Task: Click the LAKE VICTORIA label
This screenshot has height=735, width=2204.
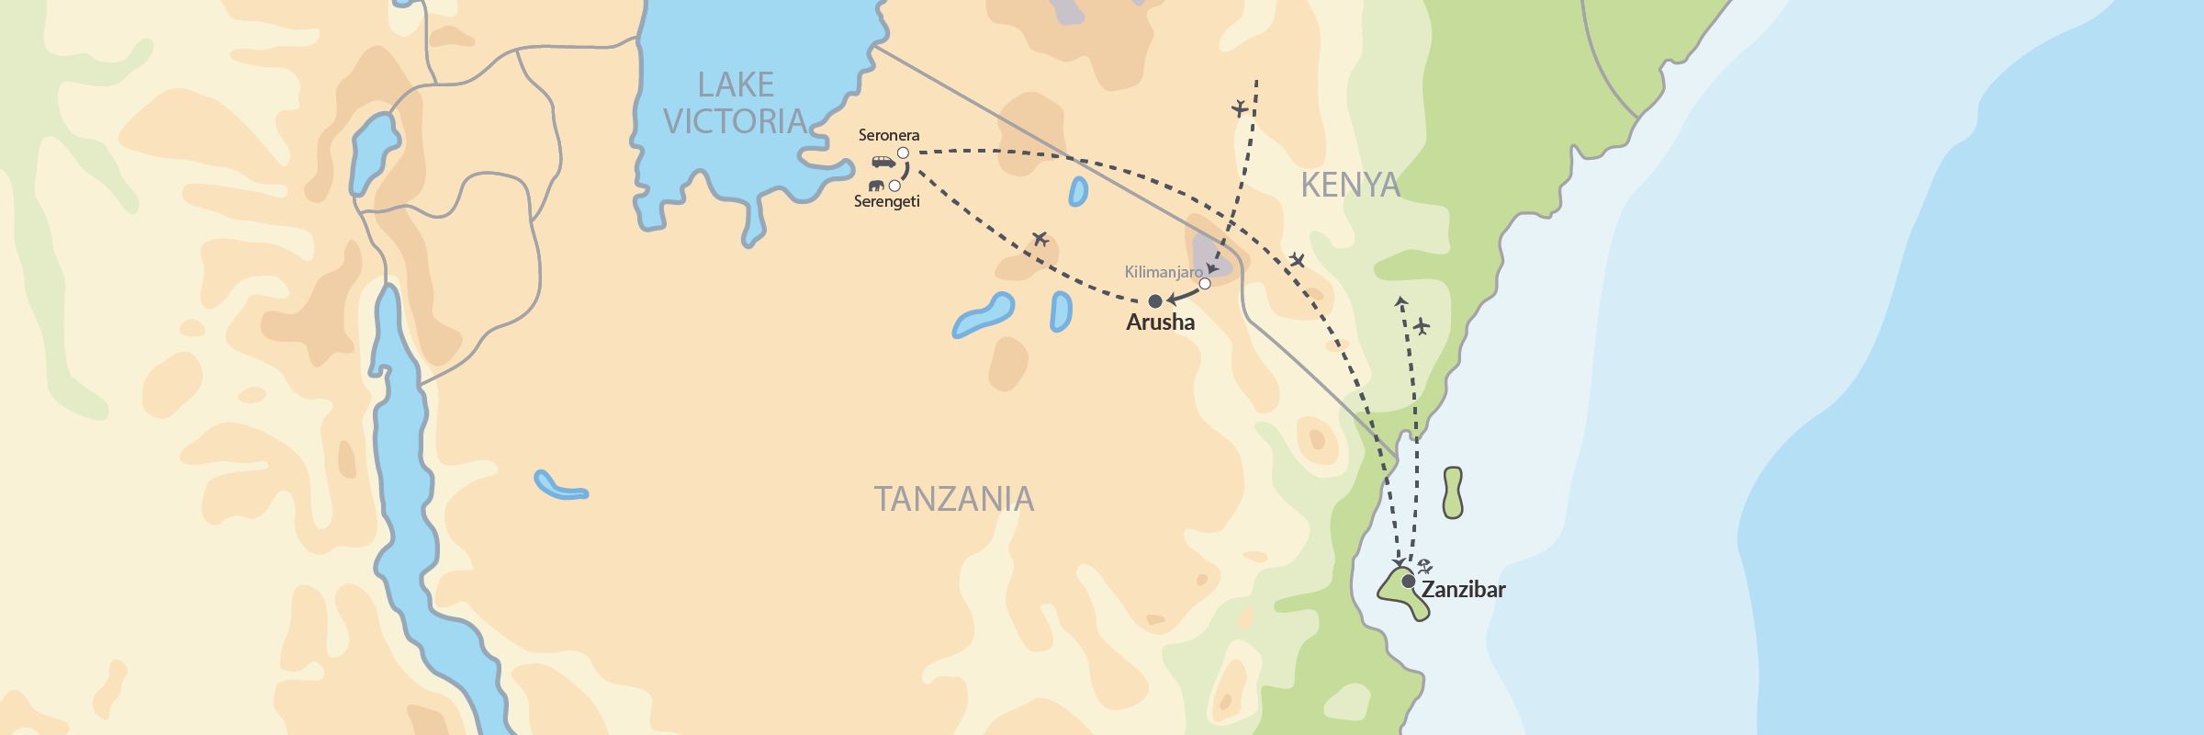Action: pyautogui.click(x=735, y=103)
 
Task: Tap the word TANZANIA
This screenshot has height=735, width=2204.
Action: pyautogui.click(x=953, y=499)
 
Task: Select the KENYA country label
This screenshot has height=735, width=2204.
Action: pyautogui.click(x=1350, y=186)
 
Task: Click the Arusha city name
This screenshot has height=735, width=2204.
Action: pyautogui.click(x=1160, y=322)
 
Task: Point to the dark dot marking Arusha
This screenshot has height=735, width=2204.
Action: pyautogui.click(x=1155, y=301)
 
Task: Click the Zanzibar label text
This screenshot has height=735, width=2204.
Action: pyautogui.click(x=1463, y=590)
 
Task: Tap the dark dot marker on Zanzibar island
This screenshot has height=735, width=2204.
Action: pyautogui.click(x=1408, y=581)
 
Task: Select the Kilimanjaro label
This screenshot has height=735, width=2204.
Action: pyautogui.click(x=1163, y=272)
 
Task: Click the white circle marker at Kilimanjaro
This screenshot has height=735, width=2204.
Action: pyautogui.click(x=1205, y=284)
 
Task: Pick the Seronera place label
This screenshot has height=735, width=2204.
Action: pyautogui.click(x=888, y=135)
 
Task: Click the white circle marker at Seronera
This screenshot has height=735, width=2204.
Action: pyautogui.click(x=903, y=153)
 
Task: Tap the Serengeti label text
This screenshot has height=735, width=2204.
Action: pyautogui.click(x=886, y=201)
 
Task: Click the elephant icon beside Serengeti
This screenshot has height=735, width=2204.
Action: pyautogui.click(x=876, y=186)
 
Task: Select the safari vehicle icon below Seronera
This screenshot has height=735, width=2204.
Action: pyautogui.click(x=883, y=163)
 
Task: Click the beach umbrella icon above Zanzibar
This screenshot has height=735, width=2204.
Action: pyautogui.click(x=1424, y=566)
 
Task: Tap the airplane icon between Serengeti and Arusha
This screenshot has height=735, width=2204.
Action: pyautogui.click(x=1040, y=240)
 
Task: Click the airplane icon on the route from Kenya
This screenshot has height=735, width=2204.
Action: pyautogui.click(x=1240, y=108)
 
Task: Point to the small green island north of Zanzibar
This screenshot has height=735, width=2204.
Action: pyautogui.click(x=1452, y=492)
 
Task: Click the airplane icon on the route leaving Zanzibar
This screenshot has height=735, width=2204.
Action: pyautogui.click(x=1422, y=326)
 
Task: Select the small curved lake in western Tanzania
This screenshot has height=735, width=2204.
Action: pyautogui.click(x=559, y=487)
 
